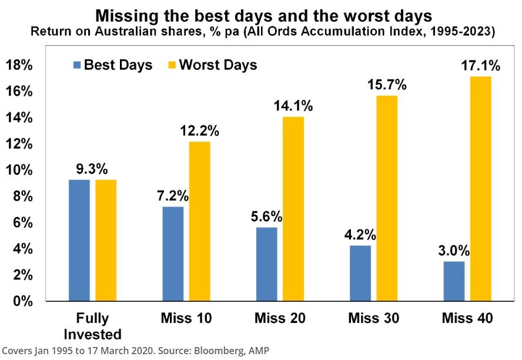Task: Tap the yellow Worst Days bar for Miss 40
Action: pos(480,189)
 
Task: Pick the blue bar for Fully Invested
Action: pos(79,240)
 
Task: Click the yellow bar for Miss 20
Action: pos(293,209)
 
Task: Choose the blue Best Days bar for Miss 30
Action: pos(361,273)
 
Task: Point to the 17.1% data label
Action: pos(480,66)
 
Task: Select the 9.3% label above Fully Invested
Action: pos(92,169)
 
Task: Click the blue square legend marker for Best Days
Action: pos(76,65)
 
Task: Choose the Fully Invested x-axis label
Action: pos(92,326)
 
